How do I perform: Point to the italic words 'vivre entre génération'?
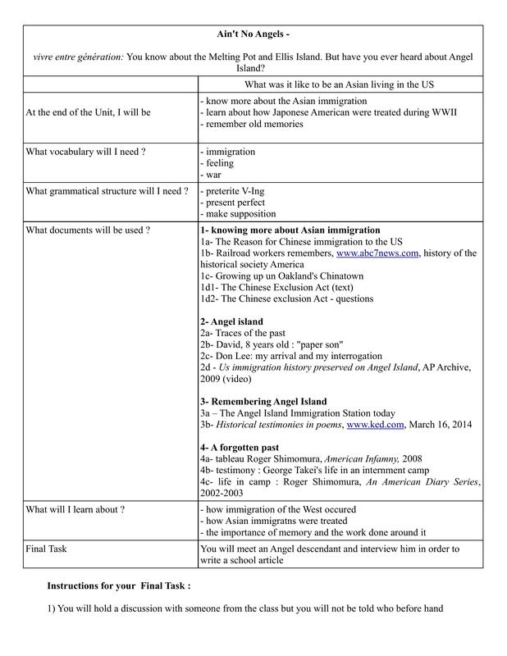point(79,57)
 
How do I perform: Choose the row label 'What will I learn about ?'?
point(75,509)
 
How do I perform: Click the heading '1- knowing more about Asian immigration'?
point(290,230)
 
